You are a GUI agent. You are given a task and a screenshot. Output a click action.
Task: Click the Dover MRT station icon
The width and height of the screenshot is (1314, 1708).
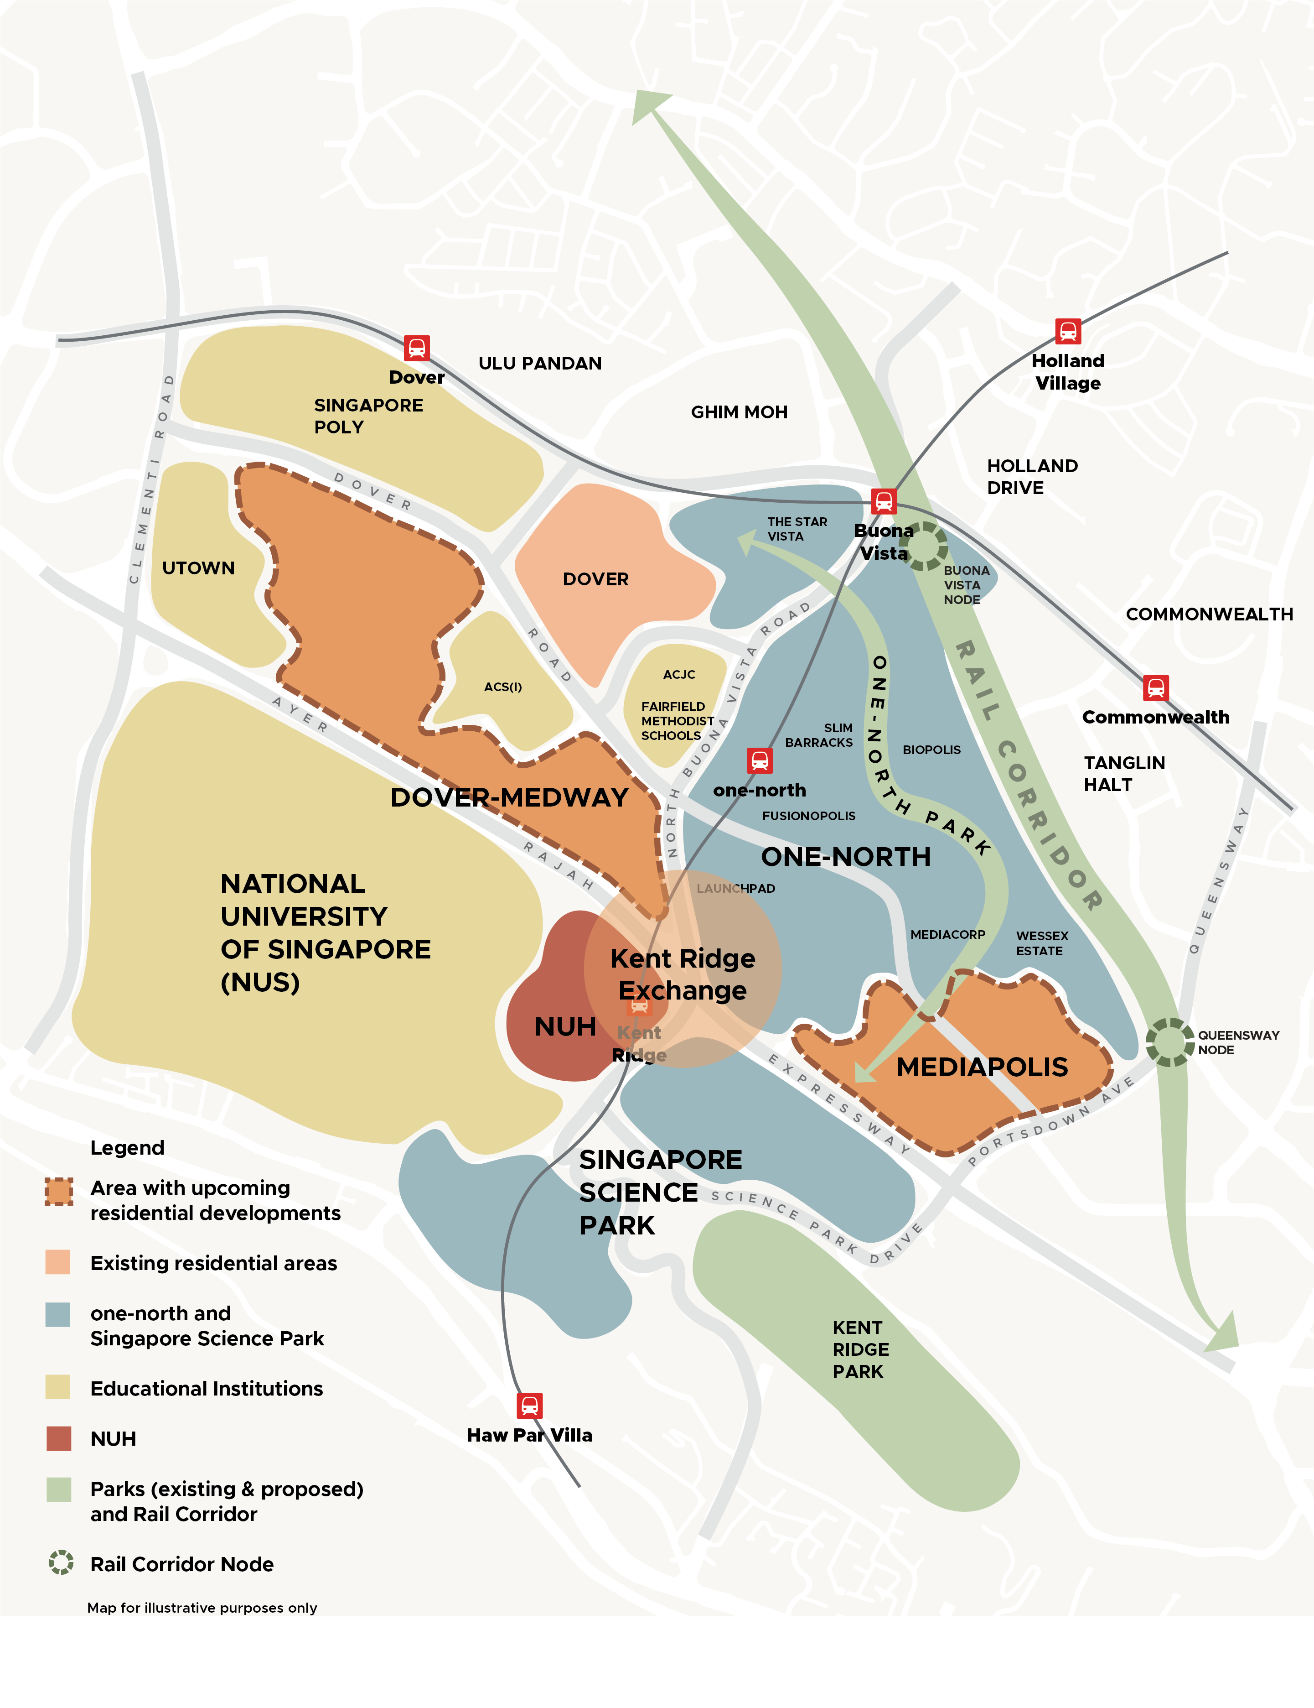pos(417,347)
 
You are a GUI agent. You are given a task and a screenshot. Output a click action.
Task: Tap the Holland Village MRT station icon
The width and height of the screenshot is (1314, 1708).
pos(1068,331)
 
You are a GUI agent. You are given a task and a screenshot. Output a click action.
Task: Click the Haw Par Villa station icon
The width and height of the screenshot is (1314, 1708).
pos(529,1406)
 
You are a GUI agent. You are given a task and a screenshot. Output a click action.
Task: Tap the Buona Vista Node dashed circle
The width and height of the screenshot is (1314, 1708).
pos(923,546)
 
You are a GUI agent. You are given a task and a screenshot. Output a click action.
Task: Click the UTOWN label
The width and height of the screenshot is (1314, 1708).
pos(198,568)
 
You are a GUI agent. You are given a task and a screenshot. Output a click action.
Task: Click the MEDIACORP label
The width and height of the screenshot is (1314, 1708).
pos(947,935)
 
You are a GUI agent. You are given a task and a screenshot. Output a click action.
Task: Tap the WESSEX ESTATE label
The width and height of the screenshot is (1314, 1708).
pos(1041,943)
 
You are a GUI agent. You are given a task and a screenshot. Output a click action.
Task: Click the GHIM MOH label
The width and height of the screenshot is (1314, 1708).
pos(739,412)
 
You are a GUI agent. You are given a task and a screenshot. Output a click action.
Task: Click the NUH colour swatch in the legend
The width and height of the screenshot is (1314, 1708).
pos(59,1438)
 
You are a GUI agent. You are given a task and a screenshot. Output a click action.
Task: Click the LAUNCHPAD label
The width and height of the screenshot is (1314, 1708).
pos(735,888)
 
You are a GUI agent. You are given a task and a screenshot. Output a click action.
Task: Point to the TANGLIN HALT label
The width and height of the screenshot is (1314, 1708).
pos(1123,773)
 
